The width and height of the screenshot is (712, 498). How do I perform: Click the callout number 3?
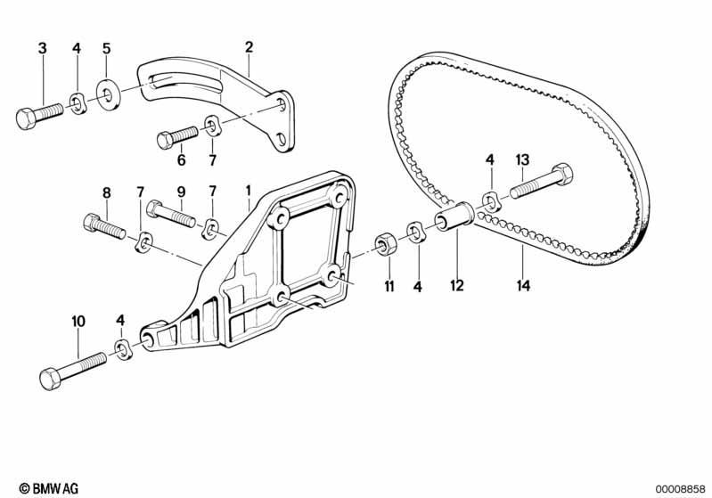[x=42, y=48]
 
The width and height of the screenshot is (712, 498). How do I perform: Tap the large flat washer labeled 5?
[x=109, y=94]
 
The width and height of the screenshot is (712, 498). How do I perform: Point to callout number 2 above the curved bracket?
[x=249, y=46]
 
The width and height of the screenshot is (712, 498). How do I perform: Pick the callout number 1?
[x=249, y=191]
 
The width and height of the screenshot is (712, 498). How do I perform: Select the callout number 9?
[x=181, y=192]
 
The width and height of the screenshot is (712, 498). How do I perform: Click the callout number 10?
[x=78, y=322]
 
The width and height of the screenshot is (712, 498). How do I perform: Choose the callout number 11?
[x=389, y=287]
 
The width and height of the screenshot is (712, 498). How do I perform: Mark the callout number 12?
[x=457, y=286]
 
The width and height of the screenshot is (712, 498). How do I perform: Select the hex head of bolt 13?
[x=563, y=175]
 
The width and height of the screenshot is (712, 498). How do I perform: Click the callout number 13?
[x=522, y=159]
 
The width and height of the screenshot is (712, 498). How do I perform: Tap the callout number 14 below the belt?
[x=523, y=286]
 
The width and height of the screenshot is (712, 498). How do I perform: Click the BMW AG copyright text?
[x=49, y=488]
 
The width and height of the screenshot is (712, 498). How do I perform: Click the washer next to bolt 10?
[x=122, y=349]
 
